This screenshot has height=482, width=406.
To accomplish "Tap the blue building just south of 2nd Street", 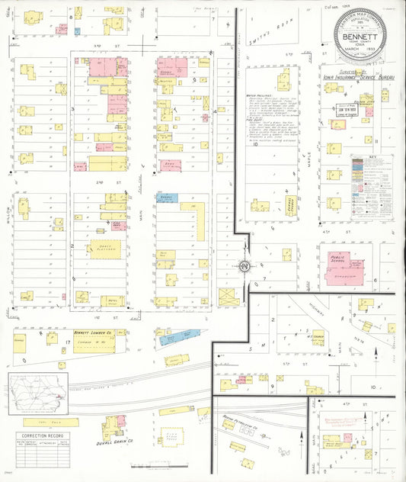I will [x=168, y=197].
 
